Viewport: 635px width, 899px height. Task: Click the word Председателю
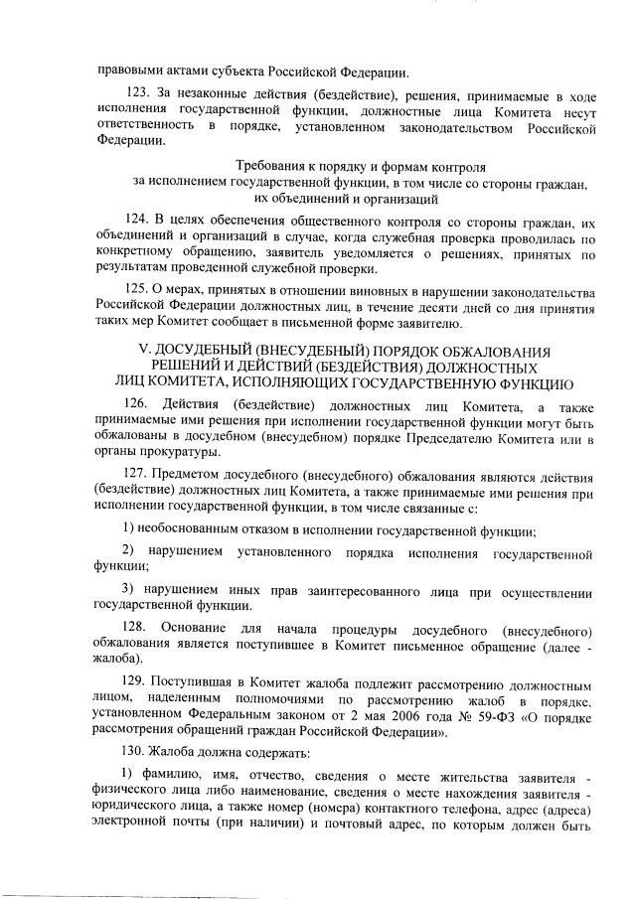426,437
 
